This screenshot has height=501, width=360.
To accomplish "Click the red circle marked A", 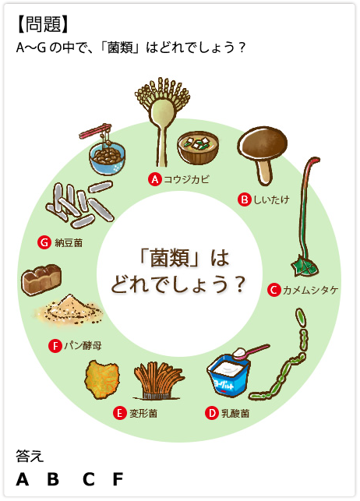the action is (x=155, y=179).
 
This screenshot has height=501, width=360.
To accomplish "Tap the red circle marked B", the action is (x=245, y=199).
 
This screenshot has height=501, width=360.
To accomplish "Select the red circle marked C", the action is (x=274, y=290).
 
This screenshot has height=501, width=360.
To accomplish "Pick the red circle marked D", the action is (x=211, y=413).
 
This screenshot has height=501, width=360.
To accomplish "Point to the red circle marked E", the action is (x=119, y=413).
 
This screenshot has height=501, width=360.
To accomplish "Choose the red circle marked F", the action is (x=55, y=346).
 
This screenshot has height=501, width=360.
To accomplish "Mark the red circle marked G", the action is (x=44, y=242).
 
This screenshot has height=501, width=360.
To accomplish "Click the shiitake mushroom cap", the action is (x=263, y=142).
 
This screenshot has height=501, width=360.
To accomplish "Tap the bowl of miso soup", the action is (x=198, y=149).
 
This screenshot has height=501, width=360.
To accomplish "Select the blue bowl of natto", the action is (x=108, y=158).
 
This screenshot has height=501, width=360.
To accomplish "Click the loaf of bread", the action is (x=41, y=280).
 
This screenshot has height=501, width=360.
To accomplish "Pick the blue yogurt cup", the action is (x=228, y=376).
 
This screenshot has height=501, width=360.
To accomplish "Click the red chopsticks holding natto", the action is (x=96, y=131).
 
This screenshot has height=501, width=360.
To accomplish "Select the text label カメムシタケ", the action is (x=310, y=290).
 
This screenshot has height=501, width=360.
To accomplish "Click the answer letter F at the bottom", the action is (x=118, y=479).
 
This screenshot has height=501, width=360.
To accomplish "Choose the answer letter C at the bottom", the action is (x=89, y=479).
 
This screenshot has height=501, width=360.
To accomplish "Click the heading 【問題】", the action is (x=43, y=24).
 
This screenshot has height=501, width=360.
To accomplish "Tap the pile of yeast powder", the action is (x=69, y=309).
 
